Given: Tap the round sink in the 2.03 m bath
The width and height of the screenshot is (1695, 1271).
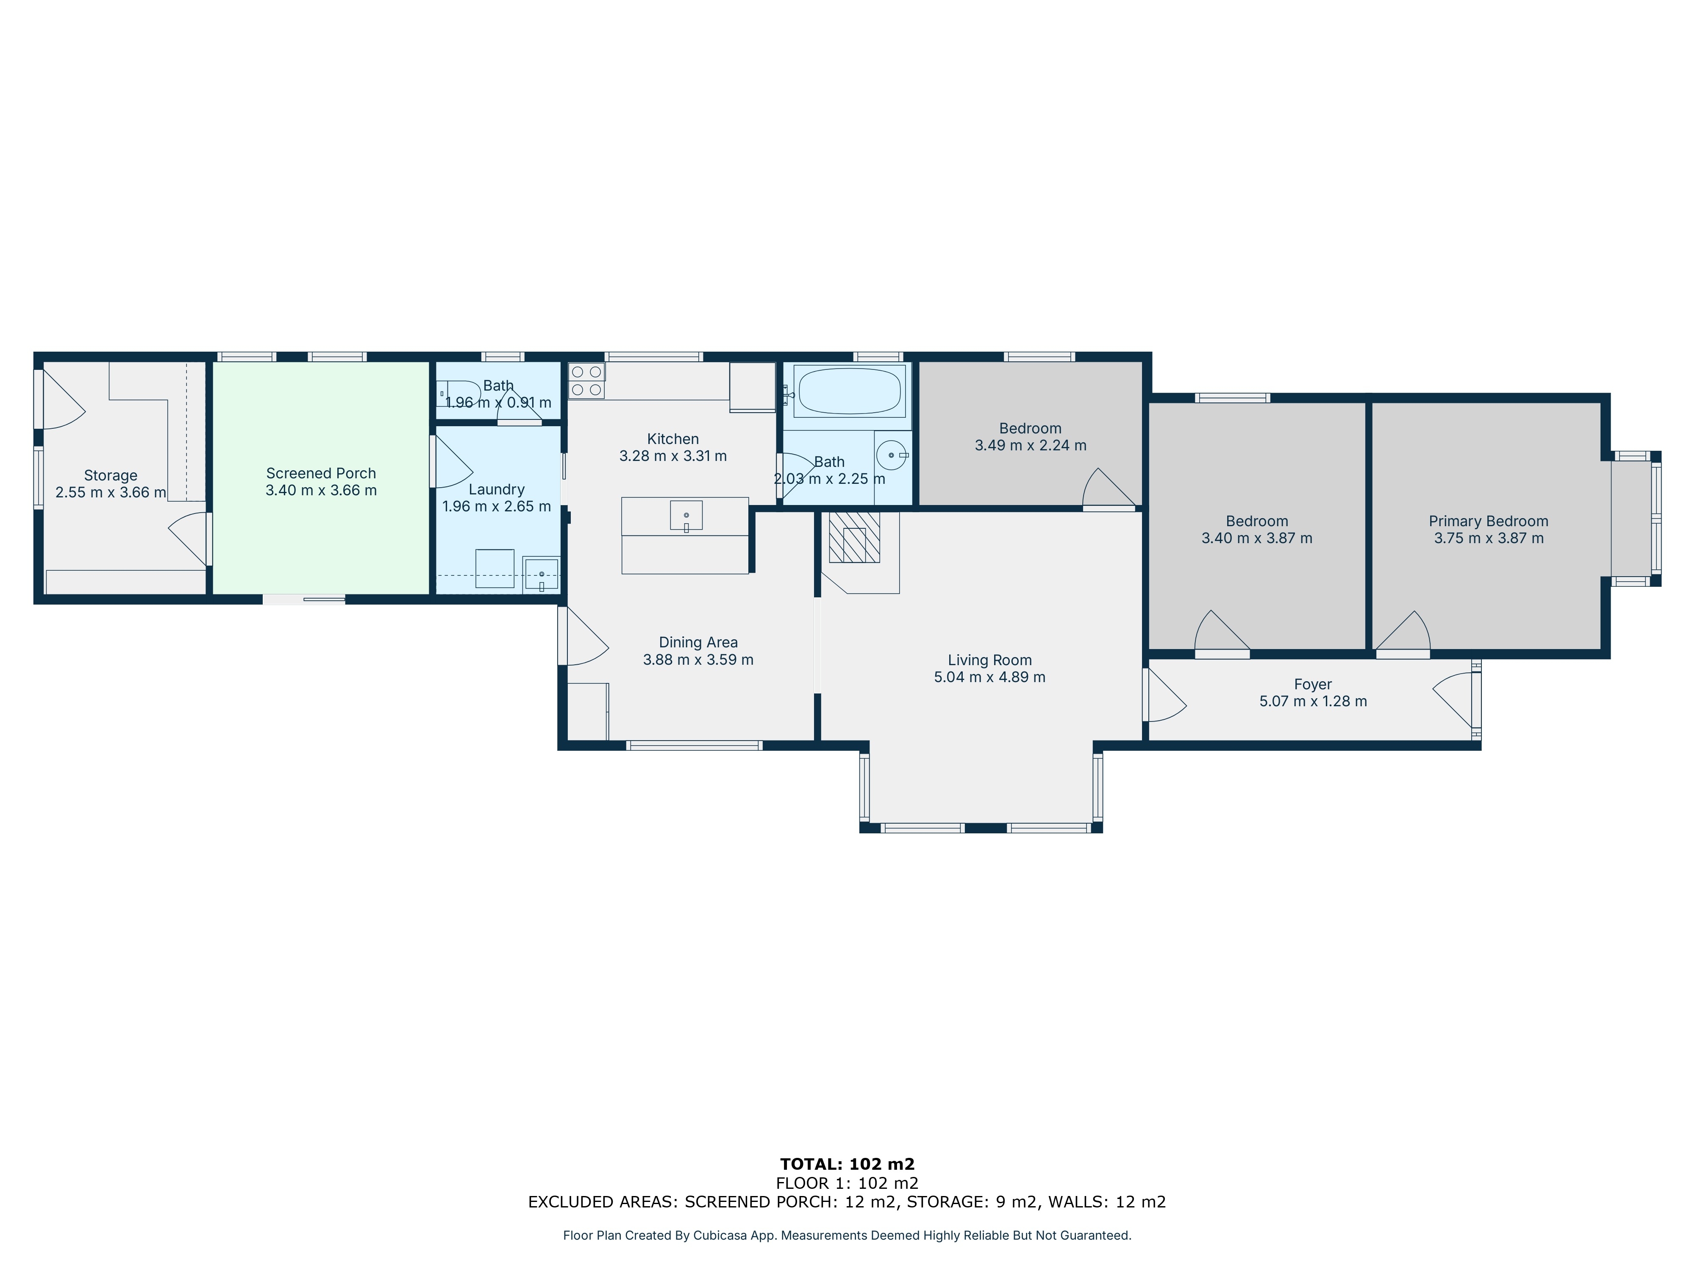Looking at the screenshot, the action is click(x=891, y=455).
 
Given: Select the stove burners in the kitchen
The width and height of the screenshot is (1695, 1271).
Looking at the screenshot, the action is click(x=586, y=381).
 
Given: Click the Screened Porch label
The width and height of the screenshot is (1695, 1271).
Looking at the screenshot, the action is click(x=321, y=474).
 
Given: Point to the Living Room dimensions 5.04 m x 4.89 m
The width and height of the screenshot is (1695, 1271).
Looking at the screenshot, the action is click(x=989, y=677).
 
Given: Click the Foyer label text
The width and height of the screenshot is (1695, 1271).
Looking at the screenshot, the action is click(x=1313, y=684).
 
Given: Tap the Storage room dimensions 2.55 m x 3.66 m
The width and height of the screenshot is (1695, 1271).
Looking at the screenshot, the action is click(x=110, y=493).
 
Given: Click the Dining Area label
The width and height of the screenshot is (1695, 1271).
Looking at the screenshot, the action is click(x=698, y=643).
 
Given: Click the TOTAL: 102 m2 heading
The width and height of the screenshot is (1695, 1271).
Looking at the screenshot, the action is click(x=847, y=1165).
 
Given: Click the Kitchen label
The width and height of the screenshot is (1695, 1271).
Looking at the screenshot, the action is click(x=673, y=439).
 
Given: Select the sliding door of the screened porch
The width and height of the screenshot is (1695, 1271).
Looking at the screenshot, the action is click(x=304, y=599).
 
